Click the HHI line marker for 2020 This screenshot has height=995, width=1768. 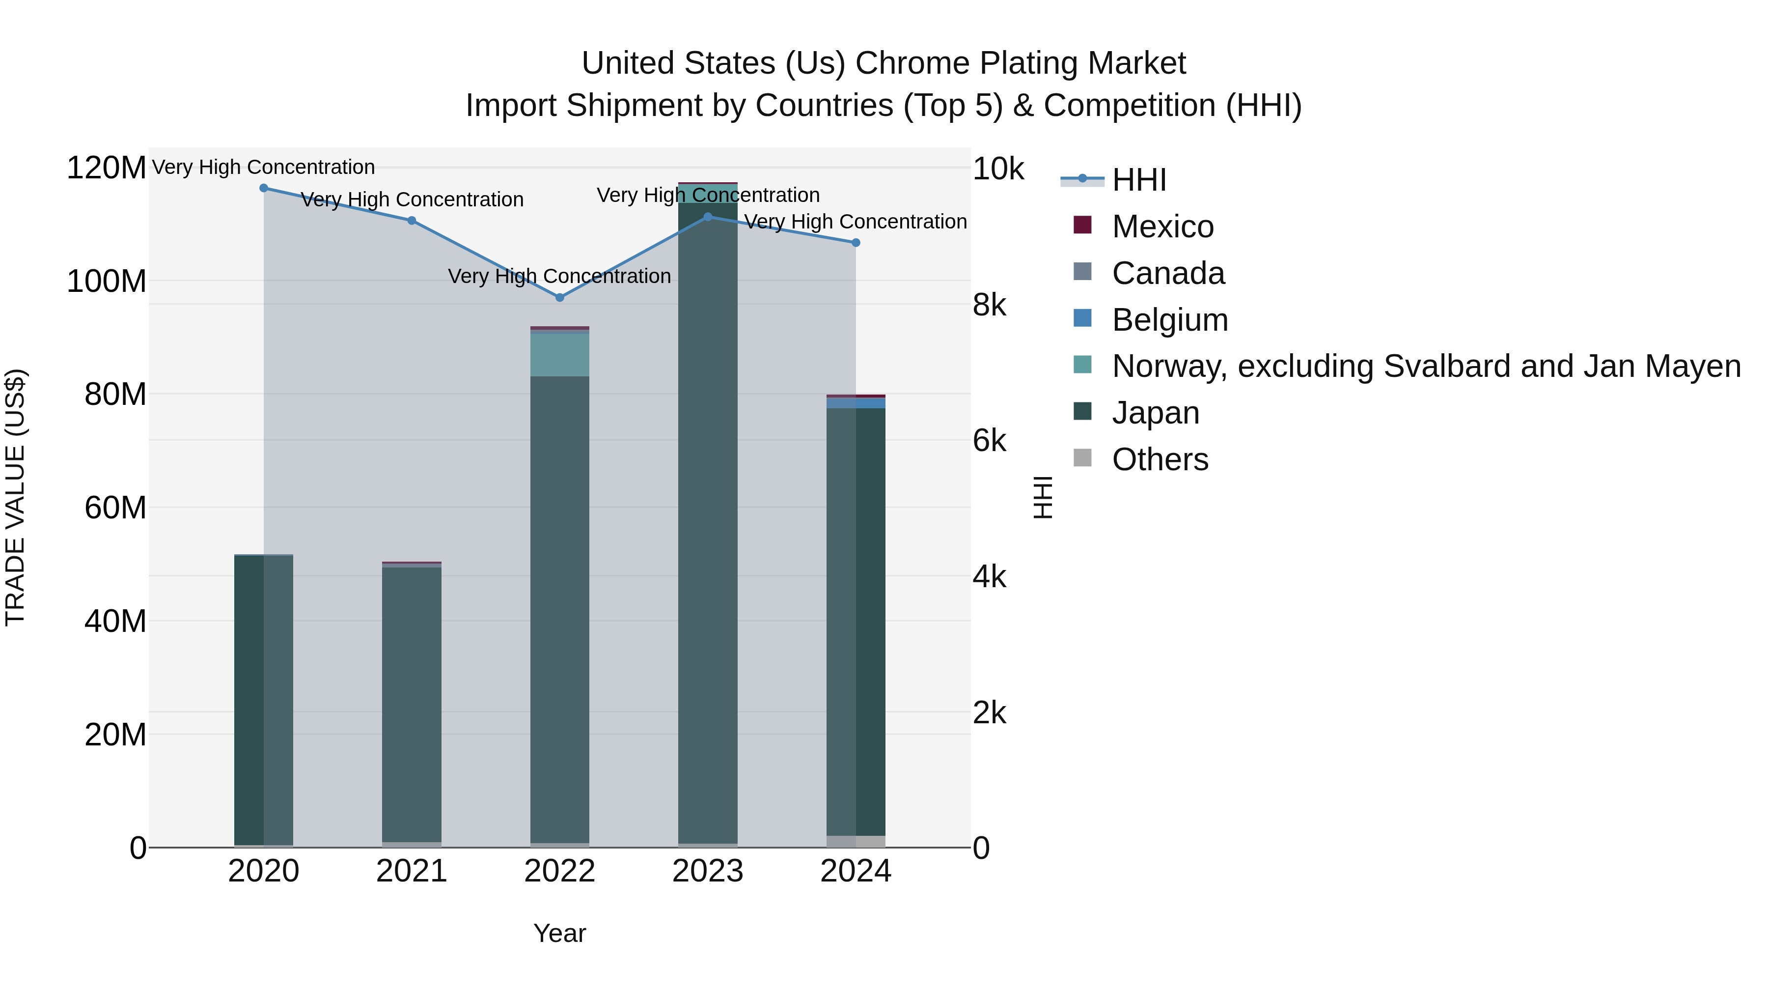point(264,188)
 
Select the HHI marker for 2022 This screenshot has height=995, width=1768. point(559,297)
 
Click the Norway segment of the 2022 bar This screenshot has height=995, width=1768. point(559,354)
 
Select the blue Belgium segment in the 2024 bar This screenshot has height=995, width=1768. point(855,403)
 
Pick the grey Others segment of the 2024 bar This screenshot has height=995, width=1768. point(855,841)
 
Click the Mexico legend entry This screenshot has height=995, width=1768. point(1162,227)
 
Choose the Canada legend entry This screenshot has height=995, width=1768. point(1168,273)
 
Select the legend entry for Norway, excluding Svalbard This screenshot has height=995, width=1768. point(1426,366)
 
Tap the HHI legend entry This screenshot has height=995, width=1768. point(1139,180)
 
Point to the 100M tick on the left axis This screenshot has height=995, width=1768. point(107,282)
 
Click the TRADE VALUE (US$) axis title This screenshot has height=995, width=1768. point(15,497)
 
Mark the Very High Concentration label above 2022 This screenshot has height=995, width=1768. point(559,276)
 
